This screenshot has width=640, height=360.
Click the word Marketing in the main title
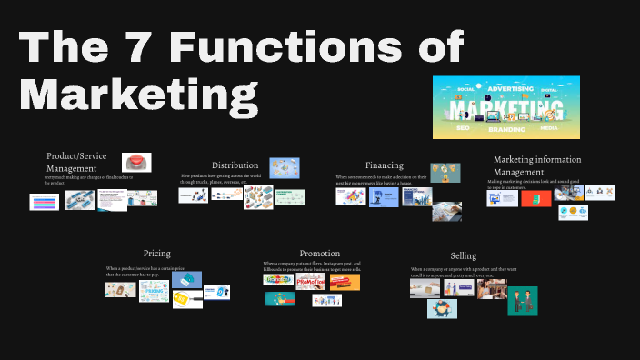135,94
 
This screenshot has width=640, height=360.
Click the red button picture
136,162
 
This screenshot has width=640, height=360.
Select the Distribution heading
235,165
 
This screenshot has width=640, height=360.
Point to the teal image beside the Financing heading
445,173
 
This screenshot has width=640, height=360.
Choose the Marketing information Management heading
537,165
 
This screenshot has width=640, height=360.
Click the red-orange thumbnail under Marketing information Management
535,196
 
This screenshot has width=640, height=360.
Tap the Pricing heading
156,253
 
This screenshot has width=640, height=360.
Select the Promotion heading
319,253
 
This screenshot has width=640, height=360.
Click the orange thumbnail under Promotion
345,282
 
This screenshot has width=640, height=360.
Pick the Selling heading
463,255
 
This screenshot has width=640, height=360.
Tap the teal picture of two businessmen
522,300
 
